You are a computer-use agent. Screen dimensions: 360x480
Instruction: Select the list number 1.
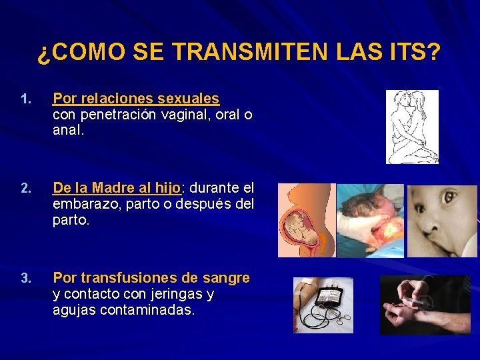(x=25, y=100)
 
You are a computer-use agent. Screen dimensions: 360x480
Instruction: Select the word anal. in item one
(x=69, y=130)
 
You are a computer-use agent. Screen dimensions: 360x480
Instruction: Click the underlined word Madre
(x=111, y=187)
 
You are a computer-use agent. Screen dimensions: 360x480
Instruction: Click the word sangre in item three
(x=227, y=277)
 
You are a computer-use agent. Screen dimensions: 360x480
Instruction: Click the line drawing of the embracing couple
(x=413, y=127)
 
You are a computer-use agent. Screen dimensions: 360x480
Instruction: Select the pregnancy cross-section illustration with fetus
(x=305, y=220)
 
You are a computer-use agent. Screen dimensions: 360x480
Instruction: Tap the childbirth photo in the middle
(x=370, y=221)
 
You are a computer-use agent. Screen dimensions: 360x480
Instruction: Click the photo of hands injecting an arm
(x=425, y=305)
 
